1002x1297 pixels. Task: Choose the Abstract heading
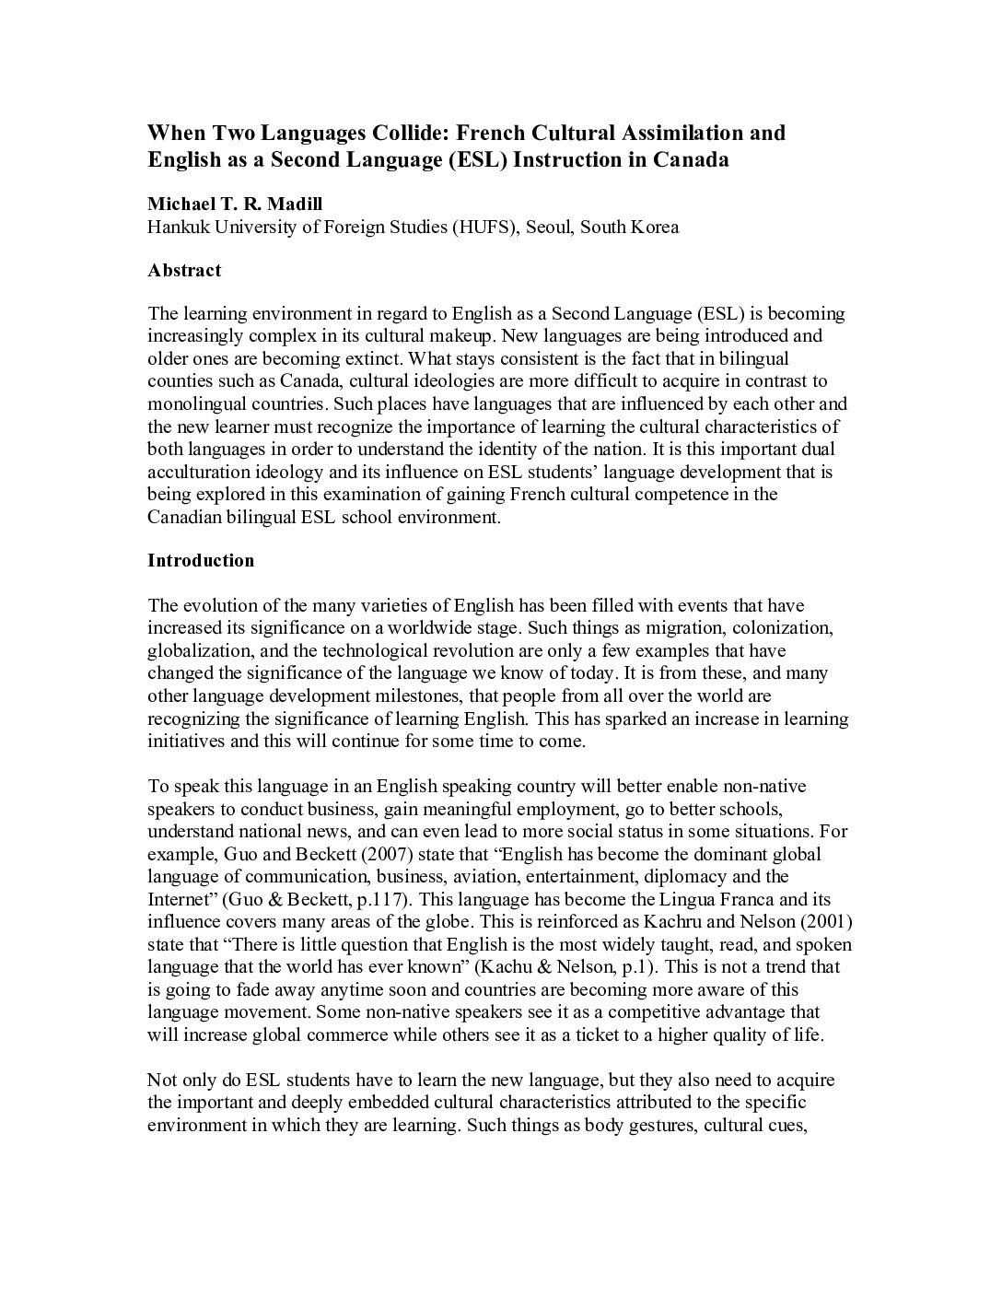tap(184, 271)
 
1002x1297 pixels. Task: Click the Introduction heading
tap(201, 561)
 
